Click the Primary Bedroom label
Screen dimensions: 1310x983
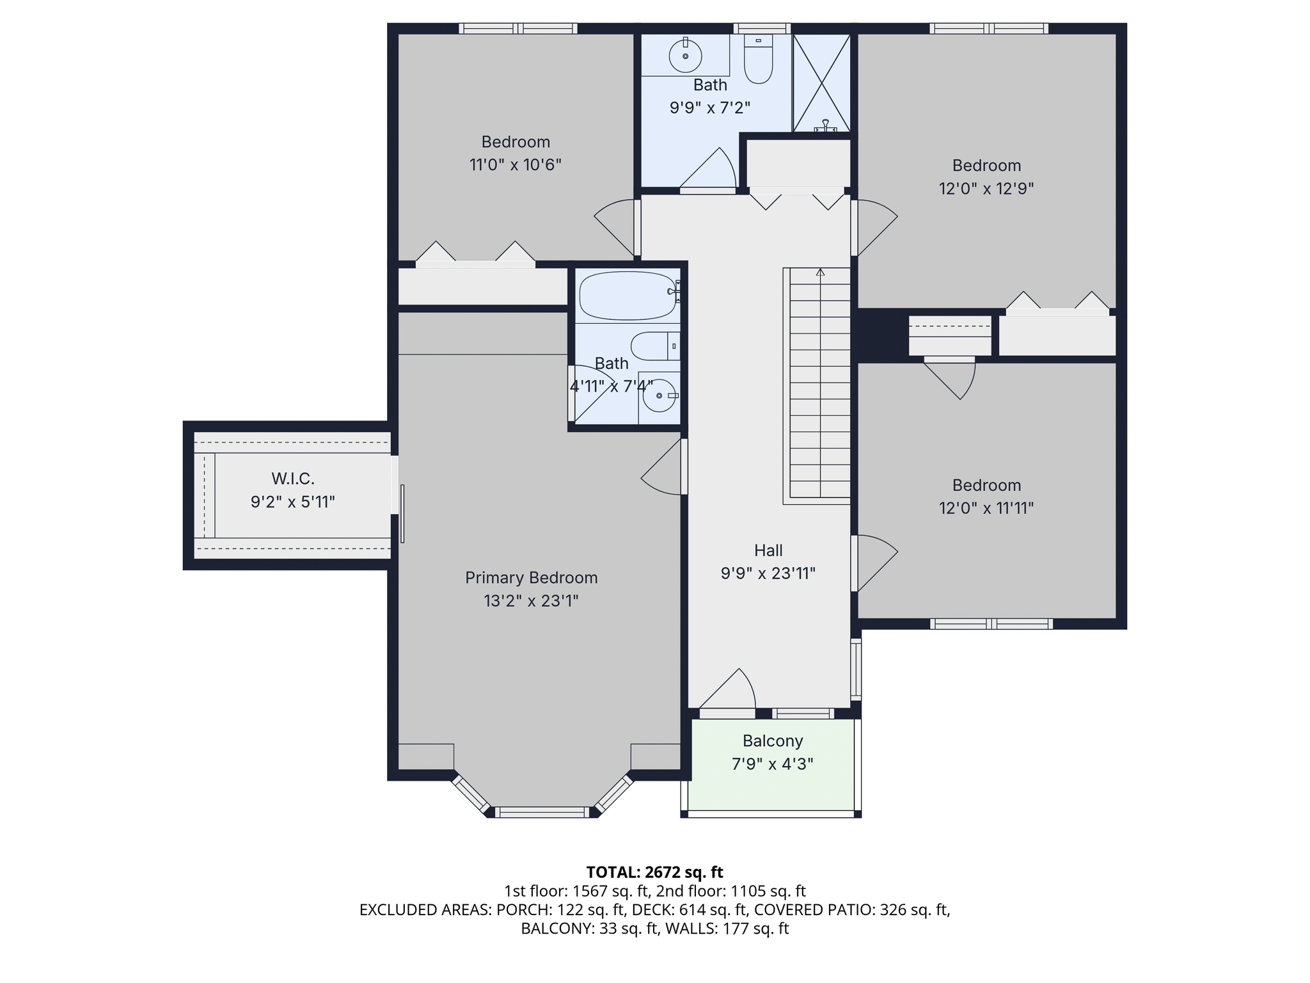[531, 578]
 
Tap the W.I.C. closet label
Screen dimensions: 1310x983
[293, 479]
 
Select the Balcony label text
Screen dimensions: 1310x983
[773, 741]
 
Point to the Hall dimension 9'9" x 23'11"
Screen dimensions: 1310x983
[768, 573]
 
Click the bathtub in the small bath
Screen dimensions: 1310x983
[628, 296]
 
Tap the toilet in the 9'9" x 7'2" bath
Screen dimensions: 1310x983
[759, 60]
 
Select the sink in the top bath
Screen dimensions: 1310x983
[685, 55]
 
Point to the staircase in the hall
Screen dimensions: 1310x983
[817, 385]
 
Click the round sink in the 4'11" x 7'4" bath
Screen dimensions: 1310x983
[659, 396]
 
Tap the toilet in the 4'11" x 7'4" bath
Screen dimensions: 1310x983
[655, 346]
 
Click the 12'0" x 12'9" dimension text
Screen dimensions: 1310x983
[986, 189]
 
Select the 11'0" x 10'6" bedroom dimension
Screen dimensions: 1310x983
[516, 165]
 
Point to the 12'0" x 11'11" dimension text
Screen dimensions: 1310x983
[986, 508]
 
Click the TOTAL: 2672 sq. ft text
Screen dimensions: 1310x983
[654, 872]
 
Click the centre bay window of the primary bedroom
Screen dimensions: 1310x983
[542, 813]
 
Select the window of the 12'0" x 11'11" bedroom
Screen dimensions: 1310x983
[991, 624]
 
